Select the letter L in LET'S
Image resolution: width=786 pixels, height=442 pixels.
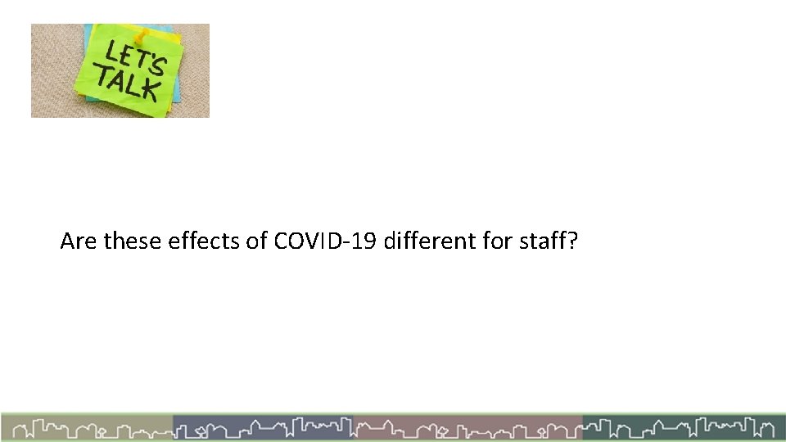click(111, 52)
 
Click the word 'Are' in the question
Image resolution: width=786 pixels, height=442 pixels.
click(79, 241)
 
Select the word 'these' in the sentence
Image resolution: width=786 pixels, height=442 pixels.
click(133, 241)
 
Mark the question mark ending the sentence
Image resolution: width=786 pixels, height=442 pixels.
click(573, 241)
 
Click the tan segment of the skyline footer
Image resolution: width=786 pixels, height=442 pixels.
click(87, 428)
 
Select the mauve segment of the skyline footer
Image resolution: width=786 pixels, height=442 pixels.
click(468, 428)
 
